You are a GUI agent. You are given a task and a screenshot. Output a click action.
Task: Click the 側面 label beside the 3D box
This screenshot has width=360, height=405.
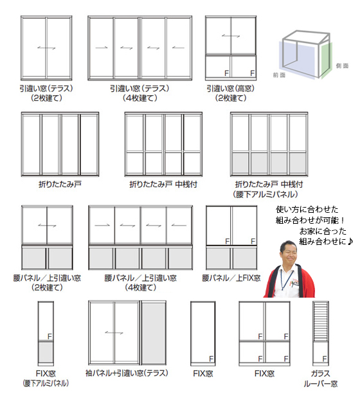(x=342, y=66)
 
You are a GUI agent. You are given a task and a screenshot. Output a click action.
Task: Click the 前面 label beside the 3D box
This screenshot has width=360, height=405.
(x=279, y=75)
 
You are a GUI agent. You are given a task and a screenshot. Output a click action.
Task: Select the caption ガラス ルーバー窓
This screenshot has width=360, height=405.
(x=321, y=379)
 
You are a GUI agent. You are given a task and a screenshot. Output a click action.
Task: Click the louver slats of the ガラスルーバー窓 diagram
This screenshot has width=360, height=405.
(x=321, y=321)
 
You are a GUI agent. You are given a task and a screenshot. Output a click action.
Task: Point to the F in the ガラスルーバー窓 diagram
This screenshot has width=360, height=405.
(x=325, y=359)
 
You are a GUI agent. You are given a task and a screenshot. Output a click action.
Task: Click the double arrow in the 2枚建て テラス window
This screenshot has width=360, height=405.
(x=46, y=48)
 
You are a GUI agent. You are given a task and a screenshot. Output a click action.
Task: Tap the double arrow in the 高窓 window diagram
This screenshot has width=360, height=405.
(x=231, y=35)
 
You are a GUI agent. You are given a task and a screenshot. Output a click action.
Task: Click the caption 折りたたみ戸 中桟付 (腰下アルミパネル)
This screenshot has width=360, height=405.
(x=268, y=189)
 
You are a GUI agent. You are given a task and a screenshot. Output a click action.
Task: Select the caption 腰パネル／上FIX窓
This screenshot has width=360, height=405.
(x=231, y=278)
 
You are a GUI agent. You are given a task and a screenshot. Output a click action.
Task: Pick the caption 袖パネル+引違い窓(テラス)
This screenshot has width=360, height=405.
(x=127, y=373)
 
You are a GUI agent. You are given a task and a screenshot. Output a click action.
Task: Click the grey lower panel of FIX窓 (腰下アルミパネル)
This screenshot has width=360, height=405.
(x=46, y=352)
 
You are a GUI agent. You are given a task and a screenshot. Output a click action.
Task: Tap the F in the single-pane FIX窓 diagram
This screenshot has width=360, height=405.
(x=212, y=359)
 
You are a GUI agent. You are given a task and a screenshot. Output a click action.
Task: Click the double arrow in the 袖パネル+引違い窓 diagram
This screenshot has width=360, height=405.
(x=114, y=333)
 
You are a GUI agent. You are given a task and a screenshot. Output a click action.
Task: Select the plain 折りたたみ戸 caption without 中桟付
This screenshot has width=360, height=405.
(x=60, y=184)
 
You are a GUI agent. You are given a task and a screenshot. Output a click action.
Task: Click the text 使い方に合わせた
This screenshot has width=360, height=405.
(x=307, y=209)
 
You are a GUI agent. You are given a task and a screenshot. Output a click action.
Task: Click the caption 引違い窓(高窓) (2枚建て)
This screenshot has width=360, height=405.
(x=231, y=93)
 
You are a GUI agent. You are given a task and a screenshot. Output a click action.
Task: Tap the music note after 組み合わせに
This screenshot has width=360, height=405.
(x=350, y=242)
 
